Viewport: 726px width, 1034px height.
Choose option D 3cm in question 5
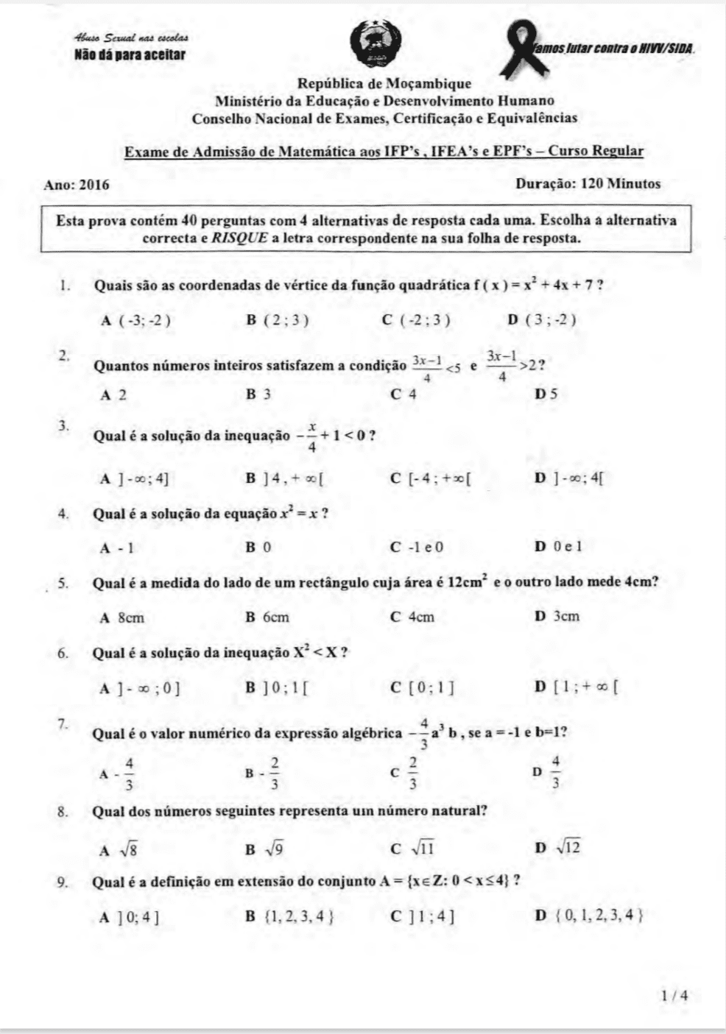tap(557, 616)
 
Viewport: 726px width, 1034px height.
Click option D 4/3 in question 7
tap(548, 772)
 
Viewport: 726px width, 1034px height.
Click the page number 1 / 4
tap(674, 996)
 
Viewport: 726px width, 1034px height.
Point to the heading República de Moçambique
tap(383, 85)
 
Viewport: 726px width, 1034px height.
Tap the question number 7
tap(63, 723)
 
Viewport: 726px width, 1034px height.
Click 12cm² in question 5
tap(467, 582)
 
